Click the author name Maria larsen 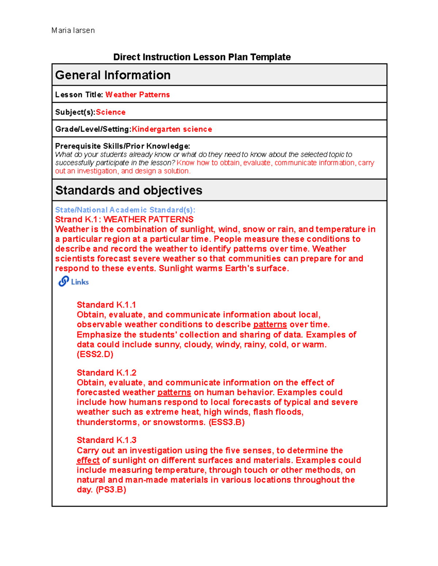coord(73,31)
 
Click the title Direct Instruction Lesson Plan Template coord(202,57)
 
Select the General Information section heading coord(113,75)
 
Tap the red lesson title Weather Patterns coord(138,95)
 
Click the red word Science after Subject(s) coord(111,112)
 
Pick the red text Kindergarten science coord(172,129)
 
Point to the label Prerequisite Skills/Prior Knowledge coord(122,146)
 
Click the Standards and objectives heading coord(128,190)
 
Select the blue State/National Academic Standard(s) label coord(125,210)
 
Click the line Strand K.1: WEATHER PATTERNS coord(124,219)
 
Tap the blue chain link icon coord(64,281)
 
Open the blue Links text coord(80,282)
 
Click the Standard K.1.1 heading coord(106,305)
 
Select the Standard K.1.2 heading coord(106,372)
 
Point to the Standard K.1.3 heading coord(106,440)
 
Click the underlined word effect coord(88,460)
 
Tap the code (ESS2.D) coord(95,354)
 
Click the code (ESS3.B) coord(226,422)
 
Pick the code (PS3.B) coord(111,489)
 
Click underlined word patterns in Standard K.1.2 coord(174,393)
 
